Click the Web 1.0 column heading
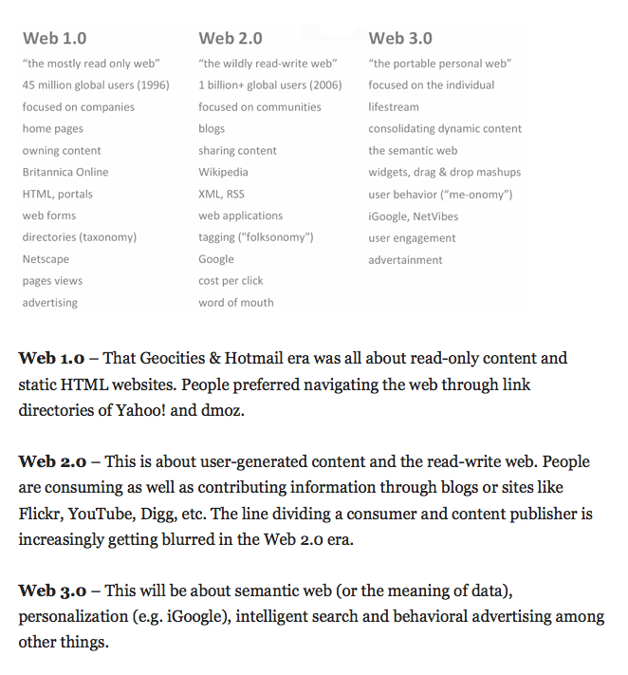coord(54,39)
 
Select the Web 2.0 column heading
coord(231,39)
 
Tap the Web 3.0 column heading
coord(400,39)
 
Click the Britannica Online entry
coord(65,173)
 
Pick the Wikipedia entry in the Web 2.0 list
coord(223,173)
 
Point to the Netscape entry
coord(46,259)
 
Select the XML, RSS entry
coord(221,194)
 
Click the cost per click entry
coord(231,281)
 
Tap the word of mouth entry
coord(235,303)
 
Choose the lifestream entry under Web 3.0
coord(394,107)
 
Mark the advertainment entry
coord(405,260)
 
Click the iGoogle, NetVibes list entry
coord(413,216)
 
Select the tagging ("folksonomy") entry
coord(255,237)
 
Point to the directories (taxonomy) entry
coord(80,237)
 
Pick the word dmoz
coord(221,410)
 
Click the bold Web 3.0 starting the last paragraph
coord(52,591)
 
